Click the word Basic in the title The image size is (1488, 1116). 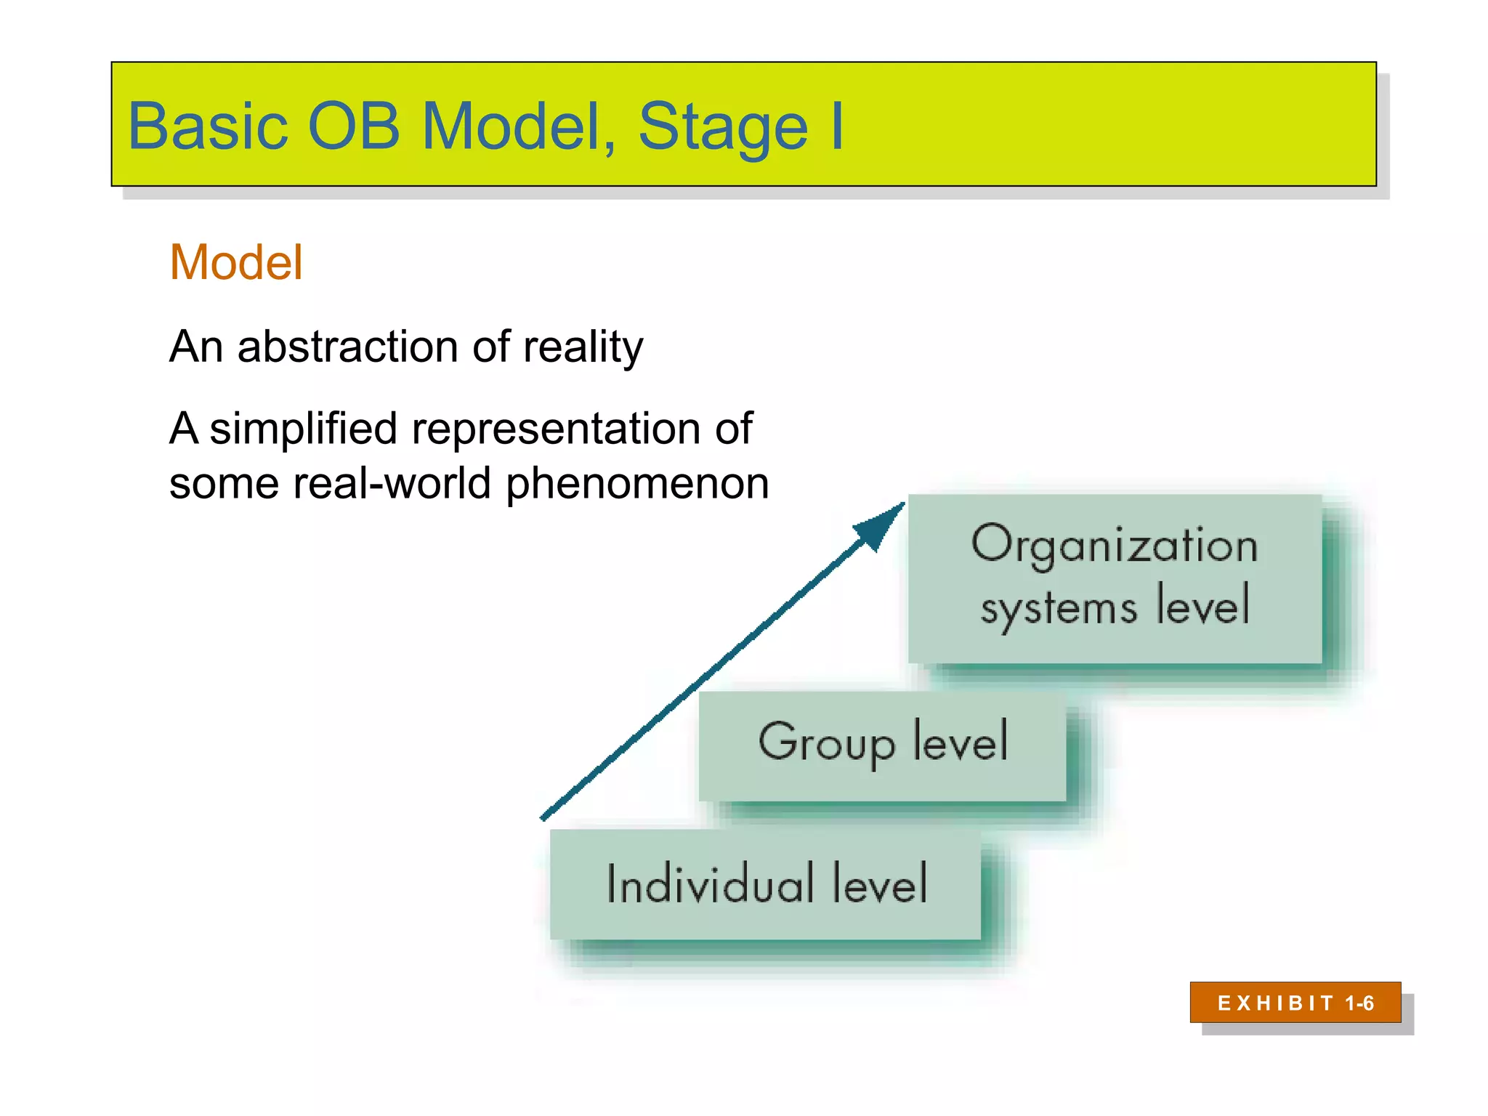[208, 126]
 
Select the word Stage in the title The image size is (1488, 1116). [722, 128]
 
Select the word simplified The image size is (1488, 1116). [303, 428]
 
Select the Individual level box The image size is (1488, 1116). [765, 884]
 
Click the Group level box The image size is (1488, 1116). [882, 745]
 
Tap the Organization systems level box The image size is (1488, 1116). [1115, 578]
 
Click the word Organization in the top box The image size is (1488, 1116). [1115, 545]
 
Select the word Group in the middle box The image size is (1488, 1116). [826, 743]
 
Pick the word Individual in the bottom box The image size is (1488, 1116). [710, 883]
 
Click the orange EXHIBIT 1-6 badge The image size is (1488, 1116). [1295, 1003]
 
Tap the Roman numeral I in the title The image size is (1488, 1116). [836, 126]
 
